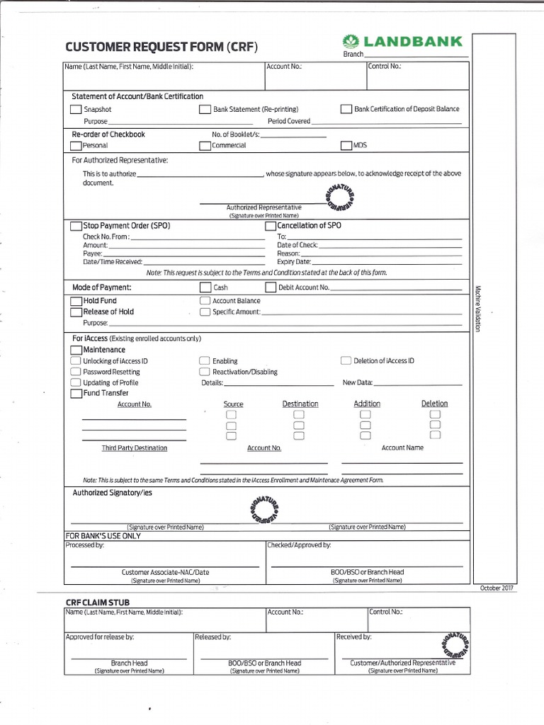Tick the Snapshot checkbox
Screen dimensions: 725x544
click(75, 110)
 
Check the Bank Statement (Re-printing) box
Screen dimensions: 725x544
click(205, 110)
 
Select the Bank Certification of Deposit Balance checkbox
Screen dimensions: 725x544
click(346, 109)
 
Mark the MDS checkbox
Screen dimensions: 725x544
click(346, 145)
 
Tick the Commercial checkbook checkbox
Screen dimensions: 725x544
click(205, 145)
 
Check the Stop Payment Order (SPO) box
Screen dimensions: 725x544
click(76, 226)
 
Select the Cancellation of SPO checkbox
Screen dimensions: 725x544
click(270, 226)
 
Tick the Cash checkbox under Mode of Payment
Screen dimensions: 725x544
click(205, 287)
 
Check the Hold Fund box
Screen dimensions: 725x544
click(76, 301)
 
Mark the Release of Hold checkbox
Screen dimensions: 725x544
click(76, 312)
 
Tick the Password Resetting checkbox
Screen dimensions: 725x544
click(75, 372)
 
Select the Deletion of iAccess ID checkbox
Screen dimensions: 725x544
click(346, 360)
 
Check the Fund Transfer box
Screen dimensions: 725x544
click(76, 393)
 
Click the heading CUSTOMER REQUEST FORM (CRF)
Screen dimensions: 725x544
click(161, 47)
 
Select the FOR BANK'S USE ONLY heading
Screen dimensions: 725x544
click(103, 536)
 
